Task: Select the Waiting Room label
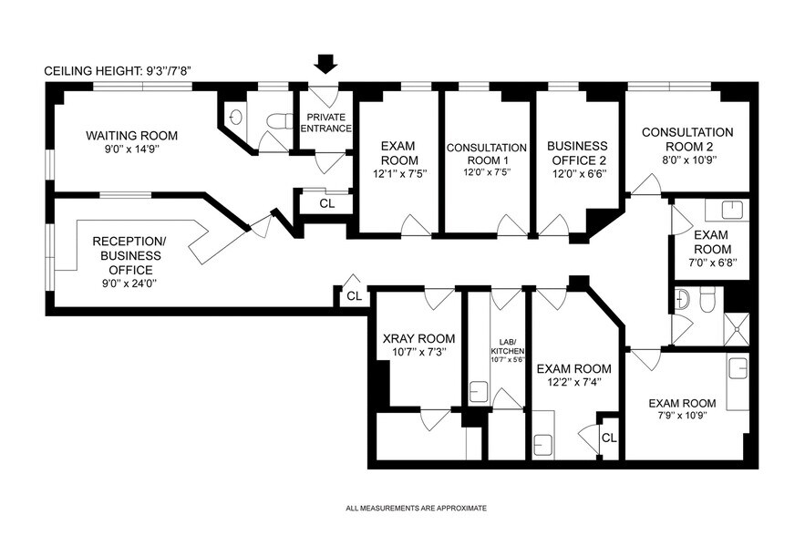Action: (132, 136)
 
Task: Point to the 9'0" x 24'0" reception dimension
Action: (129, 283)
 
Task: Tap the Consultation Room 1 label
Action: (486, 148)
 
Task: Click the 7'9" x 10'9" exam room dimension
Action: (682, 417)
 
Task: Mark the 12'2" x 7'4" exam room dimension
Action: (573, 384)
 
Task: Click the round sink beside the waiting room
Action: (236, 117)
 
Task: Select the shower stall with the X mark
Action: (735, 327)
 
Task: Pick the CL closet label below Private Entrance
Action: (326, 203)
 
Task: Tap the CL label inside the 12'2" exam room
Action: (609, 438)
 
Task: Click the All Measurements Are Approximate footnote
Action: (416, 508)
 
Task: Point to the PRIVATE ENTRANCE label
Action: (328, 123)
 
